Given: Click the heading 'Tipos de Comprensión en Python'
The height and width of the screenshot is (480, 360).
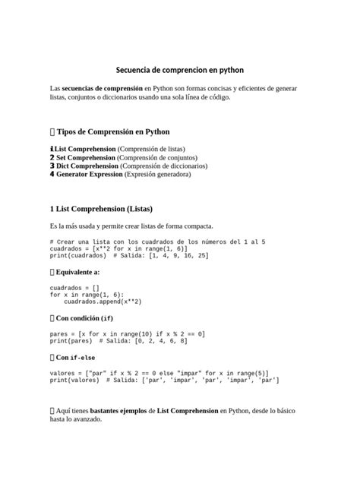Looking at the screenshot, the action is pos(113,131).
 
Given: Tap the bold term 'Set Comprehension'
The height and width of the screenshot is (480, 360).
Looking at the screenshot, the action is pos(86,157).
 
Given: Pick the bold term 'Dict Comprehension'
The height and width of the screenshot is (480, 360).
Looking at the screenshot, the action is pos(87,166).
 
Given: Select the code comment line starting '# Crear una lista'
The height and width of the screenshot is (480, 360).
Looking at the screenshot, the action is pos(157,242).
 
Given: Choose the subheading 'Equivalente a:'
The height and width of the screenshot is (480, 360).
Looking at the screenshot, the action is pos(78,271).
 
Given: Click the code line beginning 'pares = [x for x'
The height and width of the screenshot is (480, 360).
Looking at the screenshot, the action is pos(127,334).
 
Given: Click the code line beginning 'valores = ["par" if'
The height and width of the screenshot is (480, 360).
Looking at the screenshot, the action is pos(159,374).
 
